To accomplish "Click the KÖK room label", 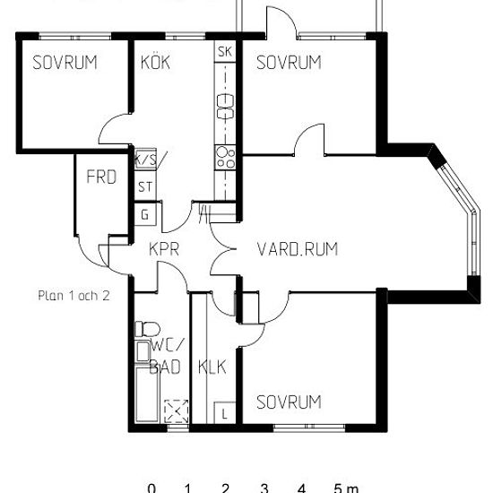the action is click(155, 62).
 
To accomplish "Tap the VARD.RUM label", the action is click(298, 249).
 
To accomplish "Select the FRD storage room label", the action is click(101, 177).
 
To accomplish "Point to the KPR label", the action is click(164, 249).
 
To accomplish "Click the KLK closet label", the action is click(212, 367).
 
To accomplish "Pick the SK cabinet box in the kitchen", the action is click(225, 51).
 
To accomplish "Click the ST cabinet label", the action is click(145, 187).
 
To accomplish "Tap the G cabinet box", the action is click(145, 215).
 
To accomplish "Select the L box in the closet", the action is click(224, 413).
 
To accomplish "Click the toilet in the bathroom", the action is click(147, 329).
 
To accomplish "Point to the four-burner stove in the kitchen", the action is click(225, 158).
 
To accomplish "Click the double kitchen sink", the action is click(225, 107).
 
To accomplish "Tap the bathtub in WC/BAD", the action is click(146, 394).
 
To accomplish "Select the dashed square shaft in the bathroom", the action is click(177, 411).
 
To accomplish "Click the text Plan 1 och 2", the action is click(74, 296).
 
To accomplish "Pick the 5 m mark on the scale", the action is click(346, 489).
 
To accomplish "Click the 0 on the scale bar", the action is click(151, 489).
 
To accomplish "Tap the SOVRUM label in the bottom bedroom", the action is click(289, 402).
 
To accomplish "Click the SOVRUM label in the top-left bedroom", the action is click(65, 62).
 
